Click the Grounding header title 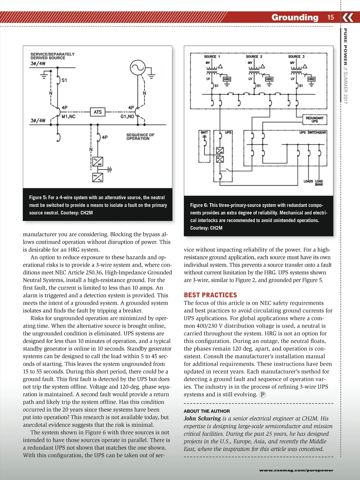295,18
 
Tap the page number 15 330,18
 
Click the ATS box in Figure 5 98,112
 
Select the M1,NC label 69,117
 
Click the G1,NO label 127,117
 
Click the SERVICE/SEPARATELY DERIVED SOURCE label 52,56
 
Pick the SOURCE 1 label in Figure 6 212,57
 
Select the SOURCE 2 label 254,57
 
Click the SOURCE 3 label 296,57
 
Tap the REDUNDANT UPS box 315,120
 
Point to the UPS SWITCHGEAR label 313,132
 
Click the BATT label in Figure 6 204,132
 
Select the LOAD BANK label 319,183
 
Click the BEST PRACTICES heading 210,295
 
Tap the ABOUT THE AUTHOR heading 207,411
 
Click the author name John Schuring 202,419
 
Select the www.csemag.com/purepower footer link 296,470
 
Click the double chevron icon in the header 348,17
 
